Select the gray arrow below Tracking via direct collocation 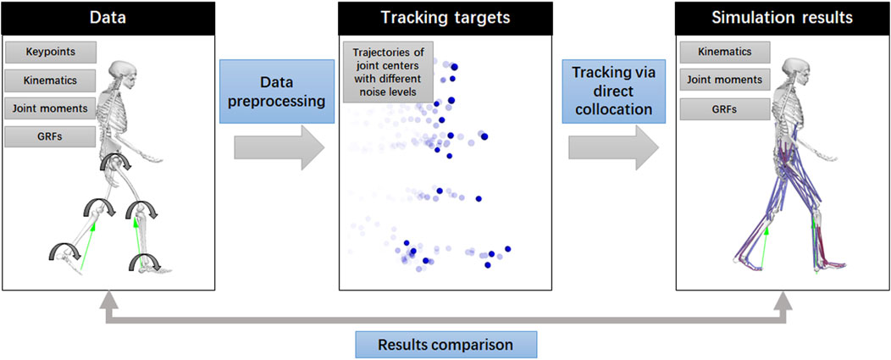[612, 149]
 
